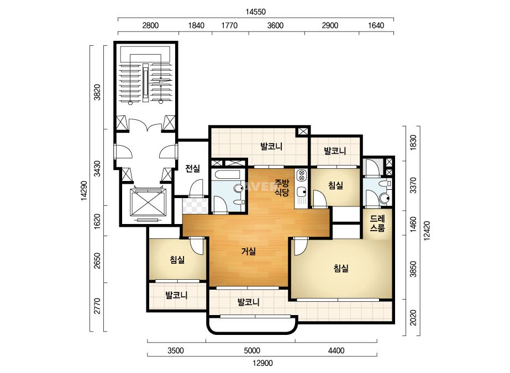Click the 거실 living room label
point(249,251)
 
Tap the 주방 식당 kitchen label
point(282,188)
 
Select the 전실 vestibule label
point(192,168)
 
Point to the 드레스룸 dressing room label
point(377,223)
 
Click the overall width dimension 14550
point(256,12)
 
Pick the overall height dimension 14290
point(85,190)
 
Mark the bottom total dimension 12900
point(262,363)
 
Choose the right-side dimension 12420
point(427,231)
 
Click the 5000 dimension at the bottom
point(252,350)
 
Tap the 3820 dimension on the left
point(97,92)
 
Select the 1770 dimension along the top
point(229,25)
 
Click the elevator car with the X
point(148,203)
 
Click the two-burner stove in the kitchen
point(301,175)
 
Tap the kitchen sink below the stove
point(301,192)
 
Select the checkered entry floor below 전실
point(195,206)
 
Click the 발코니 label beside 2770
point(176,295)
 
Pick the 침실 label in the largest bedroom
point(341,268)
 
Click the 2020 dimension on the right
point(413,317)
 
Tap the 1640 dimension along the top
point(376,25)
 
